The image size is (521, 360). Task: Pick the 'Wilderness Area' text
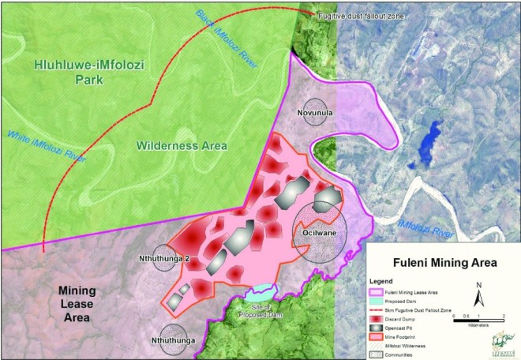coord(181,146)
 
